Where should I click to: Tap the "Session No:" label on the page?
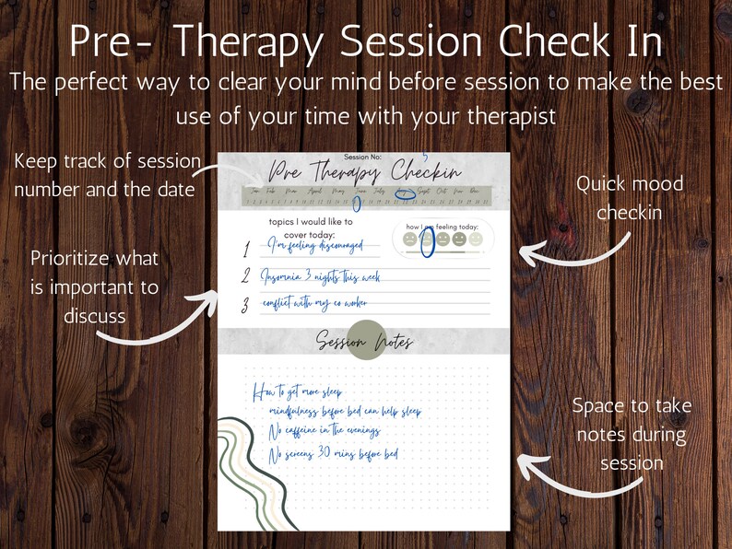point(364,158)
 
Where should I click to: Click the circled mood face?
point(427,240)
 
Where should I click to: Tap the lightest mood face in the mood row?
point(475,239)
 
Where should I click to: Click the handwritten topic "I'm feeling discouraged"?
point(310,246)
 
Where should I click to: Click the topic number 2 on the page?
point(246,275)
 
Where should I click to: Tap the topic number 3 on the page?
point(246,305)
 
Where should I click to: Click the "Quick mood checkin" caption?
point(630,198)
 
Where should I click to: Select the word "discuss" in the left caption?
point(94,315)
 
